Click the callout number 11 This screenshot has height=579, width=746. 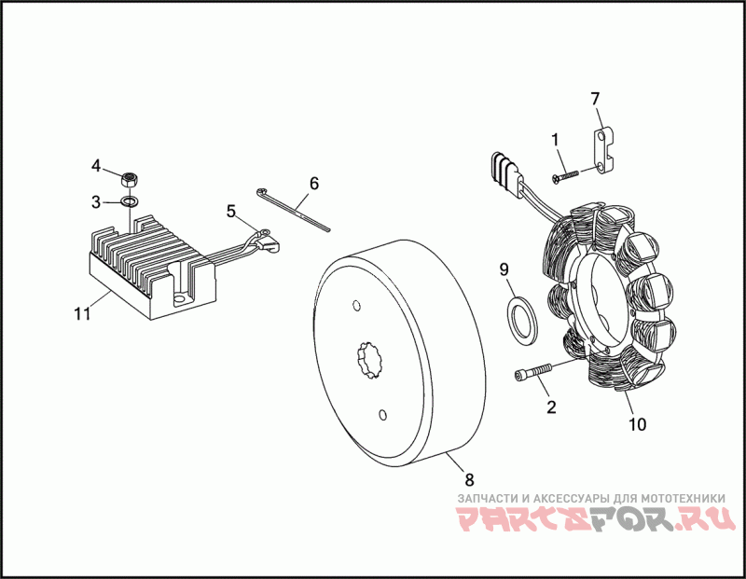[82, 313]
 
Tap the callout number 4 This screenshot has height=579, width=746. [96, 166]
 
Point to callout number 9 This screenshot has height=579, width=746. [504, 269]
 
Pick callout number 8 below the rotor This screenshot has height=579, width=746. [469, 479]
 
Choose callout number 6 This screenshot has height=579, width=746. [314, 183]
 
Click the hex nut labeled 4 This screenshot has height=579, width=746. [131, 176]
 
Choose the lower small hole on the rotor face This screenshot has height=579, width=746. [383, 413]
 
